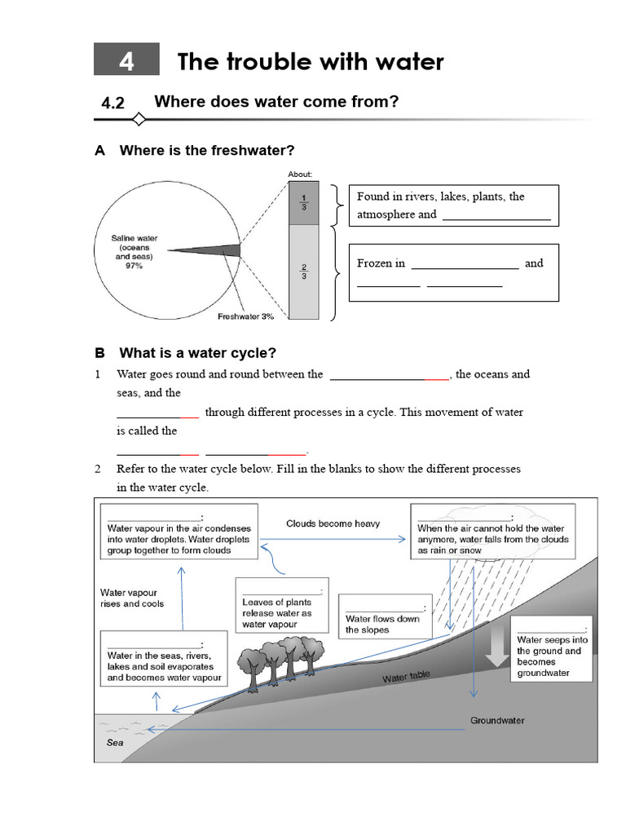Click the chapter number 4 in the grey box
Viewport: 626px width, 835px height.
pyautogui.click(x=126, y=61)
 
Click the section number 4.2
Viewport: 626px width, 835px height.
pyautogui.click(x=112, y=103)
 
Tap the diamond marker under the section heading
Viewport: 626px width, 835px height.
pyautogui.click(x=139, y=121)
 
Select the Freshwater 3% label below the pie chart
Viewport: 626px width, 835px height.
pyautogui.click(x=245, y=316)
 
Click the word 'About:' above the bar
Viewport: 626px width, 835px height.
pyautogui.click(x=300, y=174)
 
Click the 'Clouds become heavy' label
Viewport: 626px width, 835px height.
pyautogui.click(x=333, y=524)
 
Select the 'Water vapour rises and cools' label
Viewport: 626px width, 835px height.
pyautogui.click(x=131, y=599)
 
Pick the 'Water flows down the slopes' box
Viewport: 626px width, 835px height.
pyautogui.click(x=383, y=619)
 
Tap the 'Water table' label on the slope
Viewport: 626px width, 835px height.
pyautogui.click(x=406, y=677)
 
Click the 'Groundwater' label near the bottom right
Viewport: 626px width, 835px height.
pyautogui.click(x=497, y=721)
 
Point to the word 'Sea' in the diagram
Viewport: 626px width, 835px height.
pyautogui.click(x=115, y=743)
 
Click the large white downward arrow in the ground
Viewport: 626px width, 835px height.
pyautogui.click(x=494, y=648)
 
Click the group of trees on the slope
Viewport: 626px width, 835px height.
pyautogui.click(x=281, y=659)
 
